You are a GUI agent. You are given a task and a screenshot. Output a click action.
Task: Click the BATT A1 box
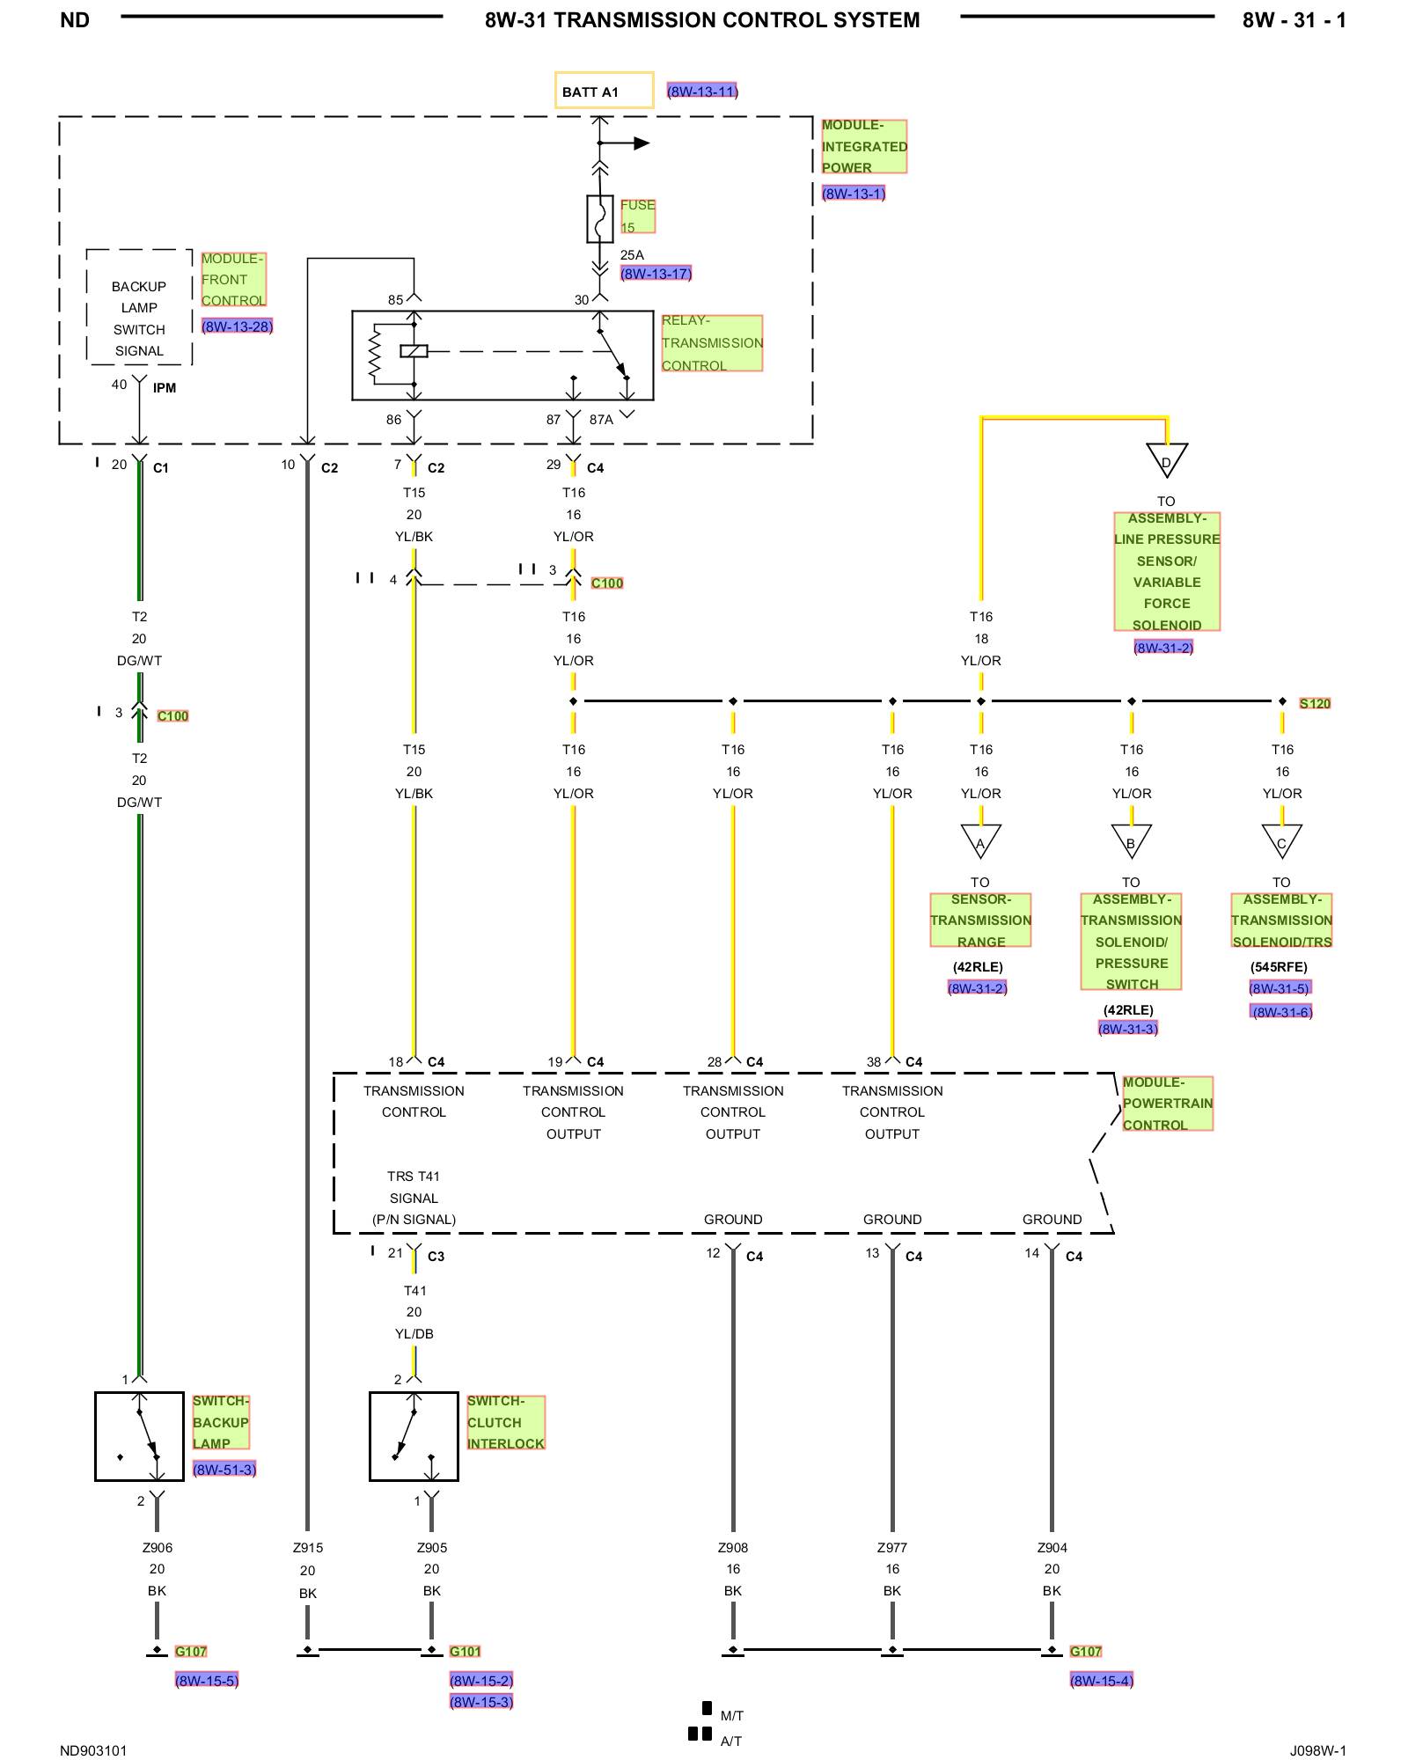pos(604,90)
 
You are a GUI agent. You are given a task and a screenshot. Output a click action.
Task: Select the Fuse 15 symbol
pos(600,219)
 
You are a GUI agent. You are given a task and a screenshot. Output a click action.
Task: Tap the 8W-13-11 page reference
pos(702,91)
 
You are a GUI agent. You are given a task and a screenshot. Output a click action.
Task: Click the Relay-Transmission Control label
pos(712,343)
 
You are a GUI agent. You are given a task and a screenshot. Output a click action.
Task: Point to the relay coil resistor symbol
pos(375,355)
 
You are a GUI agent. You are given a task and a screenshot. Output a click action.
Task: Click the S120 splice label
pos(1315,703)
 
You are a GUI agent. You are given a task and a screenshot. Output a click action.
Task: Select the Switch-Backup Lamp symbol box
pos(139,1436)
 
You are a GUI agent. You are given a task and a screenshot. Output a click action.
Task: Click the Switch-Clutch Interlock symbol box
pos(414,1436)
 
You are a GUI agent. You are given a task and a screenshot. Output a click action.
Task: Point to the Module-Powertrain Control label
pos(1168,1104)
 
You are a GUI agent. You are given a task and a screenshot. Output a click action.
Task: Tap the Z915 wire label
pos(308,1547)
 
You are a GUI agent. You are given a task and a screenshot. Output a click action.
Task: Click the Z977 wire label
pos(892,1547)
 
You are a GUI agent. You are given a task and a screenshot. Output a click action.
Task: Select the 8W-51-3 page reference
pos(224,1469)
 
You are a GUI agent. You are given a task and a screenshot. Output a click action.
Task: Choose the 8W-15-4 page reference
pos(1102,1680)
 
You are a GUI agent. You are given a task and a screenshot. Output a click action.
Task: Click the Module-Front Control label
pos(233,280)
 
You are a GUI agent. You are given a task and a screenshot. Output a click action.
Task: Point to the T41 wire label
pos(414,1290)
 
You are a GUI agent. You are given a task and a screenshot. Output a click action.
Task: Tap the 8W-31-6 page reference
pos(1282,1012)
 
